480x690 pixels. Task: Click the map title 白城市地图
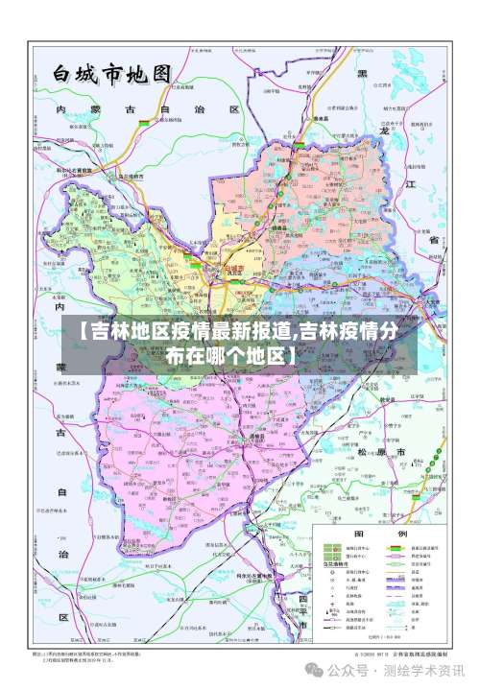(x=110, y=74)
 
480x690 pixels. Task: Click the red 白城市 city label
(x=235, y=270)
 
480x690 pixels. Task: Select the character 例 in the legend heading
(x=402, y=533)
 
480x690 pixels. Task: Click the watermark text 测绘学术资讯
(x=428, y=670)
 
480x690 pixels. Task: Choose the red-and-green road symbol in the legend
(x=393, y=548)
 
